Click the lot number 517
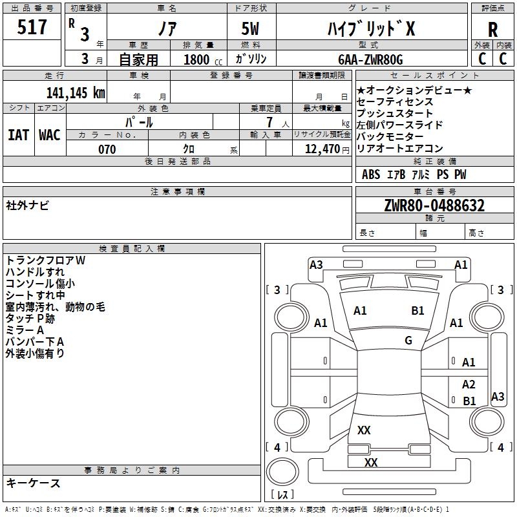[x=32, y=26]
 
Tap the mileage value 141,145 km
[x=76, y=93]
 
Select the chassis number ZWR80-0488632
[x=434, y=206]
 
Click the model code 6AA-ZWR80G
[x=370, y=59]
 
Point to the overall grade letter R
[x=492, y=30]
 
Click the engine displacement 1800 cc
[x=203, y=59]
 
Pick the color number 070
[x=107, y=149]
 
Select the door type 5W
[x=250, y=28]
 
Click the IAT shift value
[x=18, y=135]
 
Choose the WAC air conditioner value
[x=50, y=135]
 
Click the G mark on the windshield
[x=408, y=340]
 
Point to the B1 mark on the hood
[x=417, y=311]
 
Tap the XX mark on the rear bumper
[x=371, y=462]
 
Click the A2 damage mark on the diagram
[x=469, y=385]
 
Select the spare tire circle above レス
[x=282, y=471]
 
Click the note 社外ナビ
[x=27, y=206]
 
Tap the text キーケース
[x=34, y=483]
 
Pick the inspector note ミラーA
[x=25, y=330]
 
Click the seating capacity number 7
[x=269, y=122]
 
